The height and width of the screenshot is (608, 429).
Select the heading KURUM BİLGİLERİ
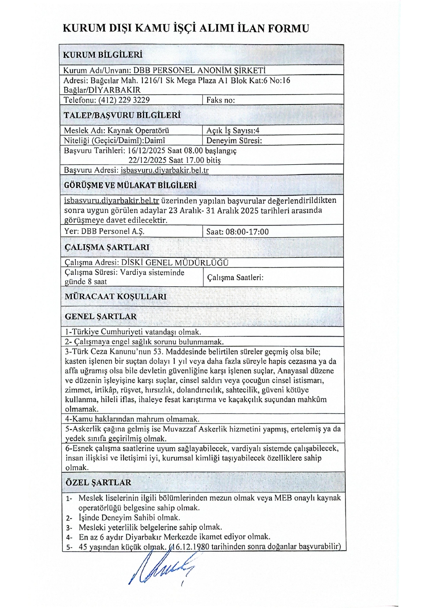point(103,55)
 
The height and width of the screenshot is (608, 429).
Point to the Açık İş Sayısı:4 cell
point(233,130)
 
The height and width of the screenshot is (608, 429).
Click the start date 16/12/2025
point(147,150)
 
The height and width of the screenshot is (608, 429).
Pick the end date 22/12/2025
point(148,160)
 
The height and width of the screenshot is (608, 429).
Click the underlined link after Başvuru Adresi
point(164,170)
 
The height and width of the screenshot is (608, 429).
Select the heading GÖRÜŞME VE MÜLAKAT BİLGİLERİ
point(130,186)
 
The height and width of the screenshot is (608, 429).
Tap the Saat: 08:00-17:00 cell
point(237,231)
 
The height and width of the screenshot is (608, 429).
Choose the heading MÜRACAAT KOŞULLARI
point(115,297)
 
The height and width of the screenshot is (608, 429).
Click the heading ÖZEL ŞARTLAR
point(98,483)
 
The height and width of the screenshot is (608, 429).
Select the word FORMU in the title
point(288,28)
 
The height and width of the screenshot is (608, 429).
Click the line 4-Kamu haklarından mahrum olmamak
point(132,419)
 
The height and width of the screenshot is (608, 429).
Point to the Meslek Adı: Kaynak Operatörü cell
point(116,130)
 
